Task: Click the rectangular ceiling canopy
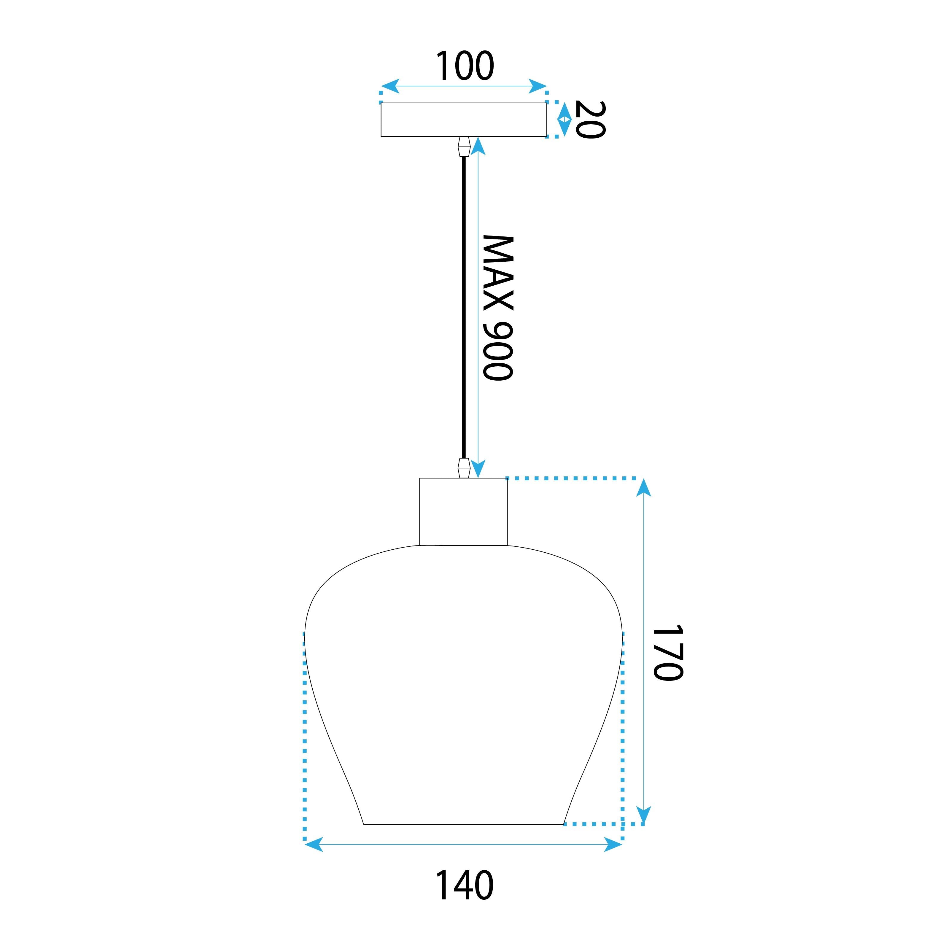pos(463,120)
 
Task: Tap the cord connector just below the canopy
pos(463,147)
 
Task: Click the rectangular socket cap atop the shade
pos(463,512)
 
